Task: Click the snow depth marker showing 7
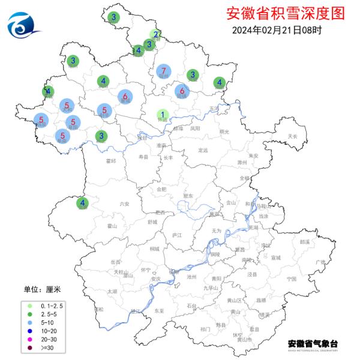click(x=163, y=71)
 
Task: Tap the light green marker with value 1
click(x=162, y=114)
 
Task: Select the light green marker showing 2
click(x=155, y=34)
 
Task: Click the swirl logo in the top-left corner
click(x=23, y=23)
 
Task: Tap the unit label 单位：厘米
click(x=42, y=289)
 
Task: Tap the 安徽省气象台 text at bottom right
click(x=313, y=343)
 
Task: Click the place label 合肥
click(x=161, y=189)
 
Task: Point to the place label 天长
click(x=293, y=136)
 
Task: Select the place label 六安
click(x=124, y=204)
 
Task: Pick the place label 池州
click(x=192, y=277)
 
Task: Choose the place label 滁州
click(x=242, y=163)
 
